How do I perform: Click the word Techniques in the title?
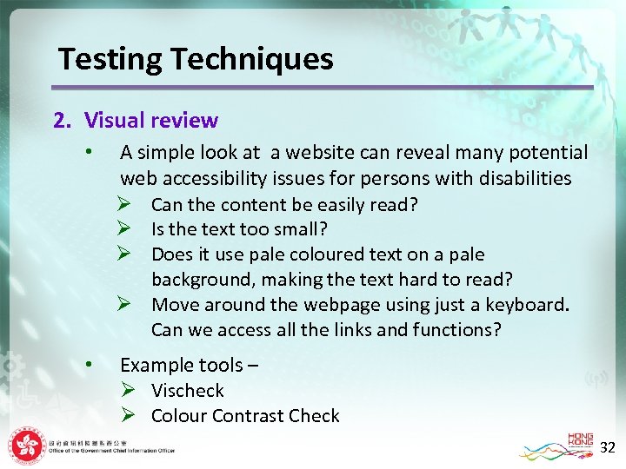252,59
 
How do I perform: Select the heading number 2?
62,120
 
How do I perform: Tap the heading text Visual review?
151,120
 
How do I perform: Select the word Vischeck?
187,391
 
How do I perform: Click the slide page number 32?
608,448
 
